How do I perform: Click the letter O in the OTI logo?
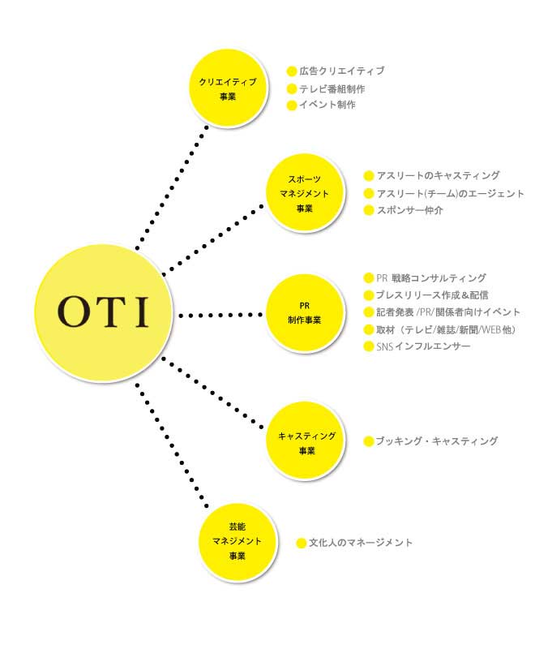(x=75, y=312)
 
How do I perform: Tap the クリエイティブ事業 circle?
(x=228, y=88)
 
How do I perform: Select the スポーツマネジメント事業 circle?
(x=304, y=193)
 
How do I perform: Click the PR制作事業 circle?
(x=304, y=313)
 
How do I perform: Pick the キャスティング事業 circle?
(x=306, y=441)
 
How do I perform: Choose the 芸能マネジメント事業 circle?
(x=238, y=541)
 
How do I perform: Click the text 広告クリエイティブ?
(x=342, y=71)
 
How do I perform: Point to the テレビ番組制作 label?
(x=332, y=89)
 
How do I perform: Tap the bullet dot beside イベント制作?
(x=292, y=105)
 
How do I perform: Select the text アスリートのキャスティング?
(x=439, y=175)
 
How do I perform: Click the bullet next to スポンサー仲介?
(x=368, y=210)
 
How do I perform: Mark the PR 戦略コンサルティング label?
(x=431, y=277)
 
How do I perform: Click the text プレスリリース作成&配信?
(x=432, y=295)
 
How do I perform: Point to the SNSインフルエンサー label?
(x=423, y=346)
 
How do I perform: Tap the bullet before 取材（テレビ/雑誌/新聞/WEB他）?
(x=368, y=329)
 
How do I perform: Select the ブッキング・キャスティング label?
(x=437, y=441)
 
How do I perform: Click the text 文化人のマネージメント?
(x=361, y=543)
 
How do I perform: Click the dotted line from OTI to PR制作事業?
(x=220, y=316)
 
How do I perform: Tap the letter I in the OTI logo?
(x=141, y=312)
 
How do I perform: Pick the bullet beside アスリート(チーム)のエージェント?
(x=368, y=193)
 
